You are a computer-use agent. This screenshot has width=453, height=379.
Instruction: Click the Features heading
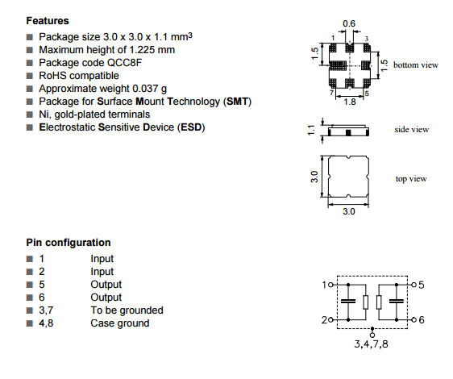point(48,21)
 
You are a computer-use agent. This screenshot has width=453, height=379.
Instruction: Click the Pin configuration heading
point(69,242)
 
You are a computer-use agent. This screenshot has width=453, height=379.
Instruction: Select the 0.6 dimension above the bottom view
point(349,23)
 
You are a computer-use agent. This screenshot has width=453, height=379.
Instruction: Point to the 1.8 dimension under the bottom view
point(350,102)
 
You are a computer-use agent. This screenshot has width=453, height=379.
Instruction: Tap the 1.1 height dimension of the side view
point(311,131)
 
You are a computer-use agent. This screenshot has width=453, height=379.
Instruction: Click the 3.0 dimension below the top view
point(349,211)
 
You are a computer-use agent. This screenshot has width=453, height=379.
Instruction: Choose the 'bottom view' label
point(416,65)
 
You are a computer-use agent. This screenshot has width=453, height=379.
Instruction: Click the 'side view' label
point(412,129)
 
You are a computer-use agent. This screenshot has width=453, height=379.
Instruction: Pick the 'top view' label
point(411,179)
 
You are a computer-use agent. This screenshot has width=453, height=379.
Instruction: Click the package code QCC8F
point(124,63)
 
